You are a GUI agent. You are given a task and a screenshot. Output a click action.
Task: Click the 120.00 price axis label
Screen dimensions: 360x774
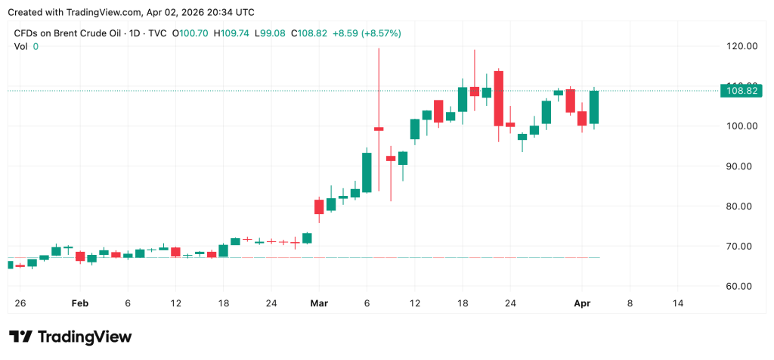[741, 46]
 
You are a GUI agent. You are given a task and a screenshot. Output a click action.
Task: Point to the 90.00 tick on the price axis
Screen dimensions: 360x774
[741, 166]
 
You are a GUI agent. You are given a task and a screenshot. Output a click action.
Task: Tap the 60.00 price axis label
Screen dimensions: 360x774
[741, 287]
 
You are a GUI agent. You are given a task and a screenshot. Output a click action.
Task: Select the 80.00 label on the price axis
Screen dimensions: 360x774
[741, 206]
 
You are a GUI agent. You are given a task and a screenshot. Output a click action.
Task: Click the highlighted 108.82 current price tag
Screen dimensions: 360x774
[741, 91]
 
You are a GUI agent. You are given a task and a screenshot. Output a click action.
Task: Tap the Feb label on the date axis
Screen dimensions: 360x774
[79, 303]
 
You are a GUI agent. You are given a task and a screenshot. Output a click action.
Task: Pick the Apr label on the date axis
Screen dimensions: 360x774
[581, 303]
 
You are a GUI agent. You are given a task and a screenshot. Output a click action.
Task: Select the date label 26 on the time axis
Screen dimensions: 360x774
[20, 303]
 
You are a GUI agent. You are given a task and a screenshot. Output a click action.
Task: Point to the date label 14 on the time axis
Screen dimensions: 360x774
[677, 303]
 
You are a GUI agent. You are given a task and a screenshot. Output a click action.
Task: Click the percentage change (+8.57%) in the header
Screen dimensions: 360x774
[381, 33]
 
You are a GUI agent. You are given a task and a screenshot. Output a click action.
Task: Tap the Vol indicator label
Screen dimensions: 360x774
[20, 47]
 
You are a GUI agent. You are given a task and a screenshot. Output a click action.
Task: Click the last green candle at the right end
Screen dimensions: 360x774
[594, 107]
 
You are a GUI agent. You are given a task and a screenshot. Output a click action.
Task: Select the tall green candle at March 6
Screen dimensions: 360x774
[367, 172]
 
